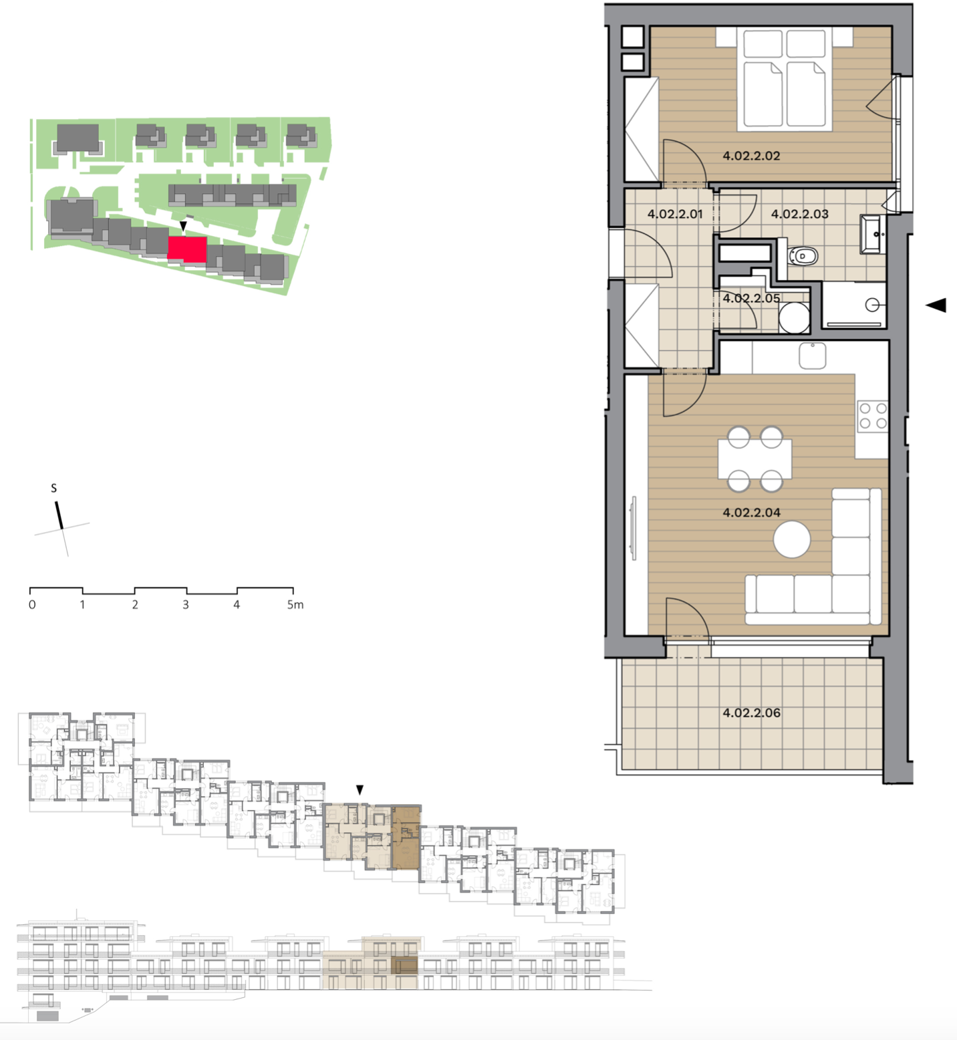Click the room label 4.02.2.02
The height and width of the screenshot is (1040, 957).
751,156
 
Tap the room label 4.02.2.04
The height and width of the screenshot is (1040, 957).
751,513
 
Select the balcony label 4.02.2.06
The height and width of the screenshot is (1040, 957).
751,712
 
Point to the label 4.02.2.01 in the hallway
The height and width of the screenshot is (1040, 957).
675,215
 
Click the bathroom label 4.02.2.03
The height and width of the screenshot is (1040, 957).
799,215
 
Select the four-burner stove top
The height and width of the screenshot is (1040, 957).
873,415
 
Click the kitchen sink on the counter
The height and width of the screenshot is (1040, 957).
813,356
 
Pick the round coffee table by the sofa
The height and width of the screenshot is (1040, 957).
792,539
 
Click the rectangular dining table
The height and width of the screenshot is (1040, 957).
755,459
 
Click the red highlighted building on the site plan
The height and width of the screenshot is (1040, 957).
187,250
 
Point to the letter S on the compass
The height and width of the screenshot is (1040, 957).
54,489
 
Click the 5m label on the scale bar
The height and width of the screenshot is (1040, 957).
295,605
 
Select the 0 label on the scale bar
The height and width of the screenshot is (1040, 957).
32,605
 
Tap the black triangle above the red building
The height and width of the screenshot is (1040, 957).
183,227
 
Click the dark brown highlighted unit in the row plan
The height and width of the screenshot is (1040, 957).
406,837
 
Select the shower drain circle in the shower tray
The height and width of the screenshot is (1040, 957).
872,305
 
